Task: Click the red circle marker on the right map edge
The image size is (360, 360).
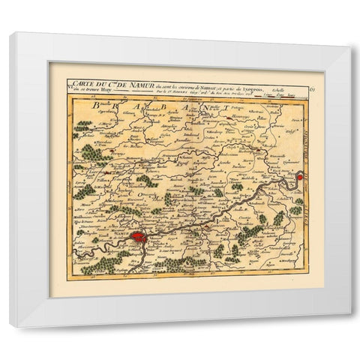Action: click(x=299, y=177)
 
